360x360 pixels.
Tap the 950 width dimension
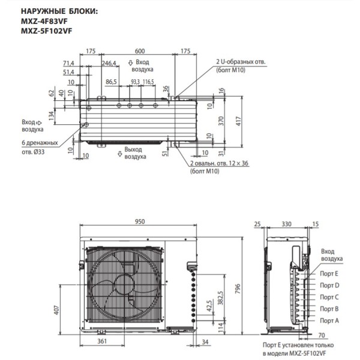(139, 221)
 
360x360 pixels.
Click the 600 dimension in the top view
(139, 51)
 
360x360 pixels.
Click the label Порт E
(329, 274)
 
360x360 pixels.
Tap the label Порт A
(329, 322)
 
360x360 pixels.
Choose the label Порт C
(329, 297)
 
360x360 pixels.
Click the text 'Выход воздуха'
(135, 152)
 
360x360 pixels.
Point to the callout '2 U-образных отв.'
(240, 62)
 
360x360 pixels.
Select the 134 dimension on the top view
(52, 114)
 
